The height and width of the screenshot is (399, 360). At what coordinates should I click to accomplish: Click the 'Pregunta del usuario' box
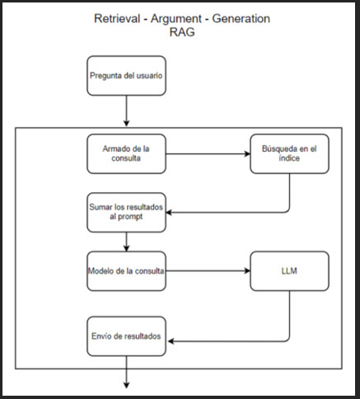coord(126,76)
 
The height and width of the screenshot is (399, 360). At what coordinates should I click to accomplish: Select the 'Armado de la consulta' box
coord(126,154)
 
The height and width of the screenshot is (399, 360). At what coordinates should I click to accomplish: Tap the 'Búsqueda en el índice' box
coord(289,154)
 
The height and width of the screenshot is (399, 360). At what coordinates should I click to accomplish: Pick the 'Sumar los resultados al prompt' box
coord(126,213)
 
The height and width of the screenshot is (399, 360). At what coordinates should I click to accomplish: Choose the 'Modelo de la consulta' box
coord(126,271)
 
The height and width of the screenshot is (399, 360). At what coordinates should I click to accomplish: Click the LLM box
coord(289,271)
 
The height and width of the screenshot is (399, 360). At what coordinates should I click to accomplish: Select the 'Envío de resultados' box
coord(126,336)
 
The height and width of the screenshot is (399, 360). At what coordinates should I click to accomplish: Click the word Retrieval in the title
coord(117,19)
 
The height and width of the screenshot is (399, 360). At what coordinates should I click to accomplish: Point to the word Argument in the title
coord(176,19)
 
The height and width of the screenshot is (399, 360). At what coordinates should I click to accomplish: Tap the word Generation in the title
coord(241,19)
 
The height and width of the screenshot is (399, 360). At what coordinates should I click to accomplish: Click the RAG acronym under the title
coord(182,32)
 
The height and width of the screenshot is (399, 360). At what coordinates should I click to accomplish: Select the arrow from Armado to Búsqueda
coord(208,154)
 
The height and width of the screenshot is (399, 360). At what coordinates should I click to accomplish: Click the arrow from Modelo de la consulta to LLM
coord(208,271)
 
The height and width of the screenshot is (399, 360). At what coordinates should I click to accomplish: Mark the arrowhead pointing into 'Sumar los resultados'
coord(169,213)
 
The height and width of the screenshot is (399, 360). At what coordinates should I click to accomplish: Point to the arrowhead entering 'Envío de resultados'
coord(171,341)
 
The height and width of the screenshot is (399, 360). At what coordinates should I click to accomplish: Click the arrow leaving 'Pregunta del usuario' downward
coord(126,110)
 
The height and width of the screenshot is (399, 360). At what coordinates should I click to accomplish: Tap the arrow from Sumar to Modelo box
coord(126,242)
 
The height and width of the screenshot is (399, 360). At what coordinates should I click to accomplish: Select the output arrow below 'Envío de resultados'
coord(126,373)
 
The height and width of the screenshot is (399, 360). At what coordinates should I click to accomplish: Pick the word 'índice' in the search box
coord(289,158)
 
